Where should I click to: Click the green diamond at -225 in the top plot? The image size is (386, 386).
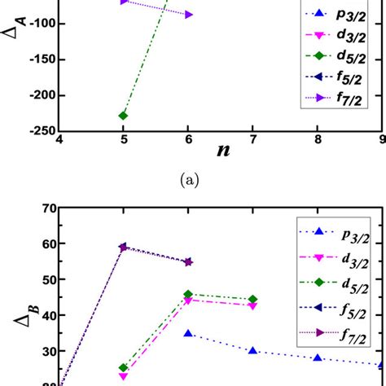(x=123, y=116)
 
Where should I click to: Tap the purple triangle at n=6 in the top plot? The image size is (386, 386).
(x=189, y=15)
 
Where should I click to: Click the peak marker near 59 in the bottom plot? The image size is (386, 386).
(x=123, y=247)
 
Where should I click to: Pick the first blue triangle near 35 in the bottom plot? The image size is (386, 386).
(x=188, y=333)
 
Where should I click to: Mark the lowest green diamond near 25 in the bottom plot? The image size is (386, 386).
(x=123, y=368)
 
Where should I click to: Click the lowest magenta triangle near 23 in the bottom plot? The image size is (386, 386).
(x=123, y=376)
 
